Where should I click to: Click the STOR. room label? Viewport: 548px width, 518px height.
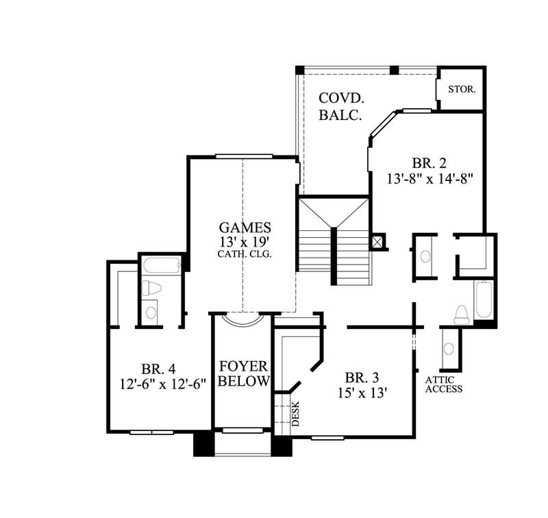coord(462,90)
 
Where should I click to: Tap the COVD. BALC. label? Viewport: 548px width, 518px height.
coord(340,107)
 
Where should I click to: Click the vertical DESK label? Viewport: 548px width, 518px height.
coord(296,414)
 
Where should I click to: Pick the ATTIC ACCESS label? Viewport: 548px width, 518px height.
coord(444,384)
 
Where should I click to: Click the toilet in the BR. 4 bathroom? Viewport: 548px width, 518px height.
coord(151,288)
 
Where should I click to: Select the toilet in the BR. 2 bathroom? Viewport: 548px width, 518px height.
coord(461,313)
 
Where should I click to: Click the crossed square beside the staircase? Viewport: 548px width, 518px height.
coord(377,242)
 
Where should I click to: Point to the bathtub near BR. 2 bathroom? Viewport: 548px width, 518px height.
coord(483,299)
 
